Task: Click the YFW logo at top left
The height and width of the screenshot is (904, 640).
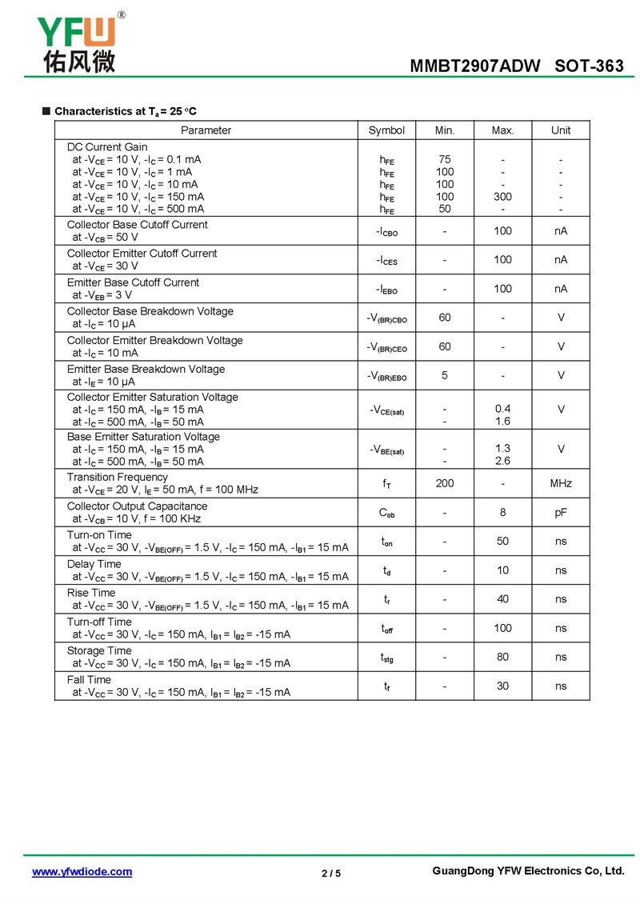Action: (x=78, y=43)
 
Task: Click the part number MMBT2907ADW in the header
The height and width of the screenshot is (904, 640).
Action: (x=475, y=66)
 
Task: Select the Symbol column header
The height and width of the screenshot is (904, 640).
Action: (x=386, y=130)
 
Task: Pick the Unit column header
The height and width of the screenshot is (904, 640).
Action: (x=561, y=130)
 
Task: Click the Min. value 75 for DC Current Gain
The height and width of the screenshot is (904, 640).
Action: (x=445, y=159)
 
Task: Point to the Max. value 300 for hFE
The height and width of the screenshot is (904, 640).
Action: (x=502, y=196)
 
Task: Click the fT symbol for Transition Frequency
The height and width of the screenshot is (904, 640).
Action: (x=386, y=483)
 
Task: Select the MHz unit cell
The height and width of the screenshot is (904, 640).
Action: (x=561, y=483)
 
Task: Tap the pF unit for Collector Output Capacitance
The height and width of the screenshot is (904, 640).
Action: (x=561, y=512)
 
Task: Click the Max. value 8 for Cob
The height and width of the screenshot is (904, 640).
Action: (x=502, y=512)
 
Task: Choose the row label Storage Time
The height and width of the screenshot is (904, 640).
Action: (x=99, y=650)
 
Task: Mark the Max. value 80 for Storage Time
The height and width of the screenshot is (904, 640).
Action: (x=502, y=657)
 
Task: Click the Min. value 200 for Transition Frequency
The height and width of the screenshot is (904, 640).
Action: (x=445, y=483)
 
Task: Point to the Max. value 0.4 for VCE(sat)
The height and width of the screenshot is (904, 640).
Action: (x=502, y=409)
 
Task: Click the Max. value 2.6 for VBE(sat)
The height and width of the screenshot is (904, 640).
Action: (x=502, y=461)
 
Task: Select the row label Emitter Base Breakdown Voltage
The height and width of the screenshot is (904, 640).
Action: (x=146, y=369)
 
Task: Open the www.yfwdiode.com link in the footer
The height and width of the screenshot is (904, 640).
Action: (x=82, y=872)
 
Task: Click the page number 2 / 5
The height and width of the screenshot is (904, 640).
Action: (x=331, y=873)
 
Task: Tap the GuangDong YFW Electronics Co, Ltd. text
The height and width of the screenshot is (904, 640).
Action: (x=527, y=871)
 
